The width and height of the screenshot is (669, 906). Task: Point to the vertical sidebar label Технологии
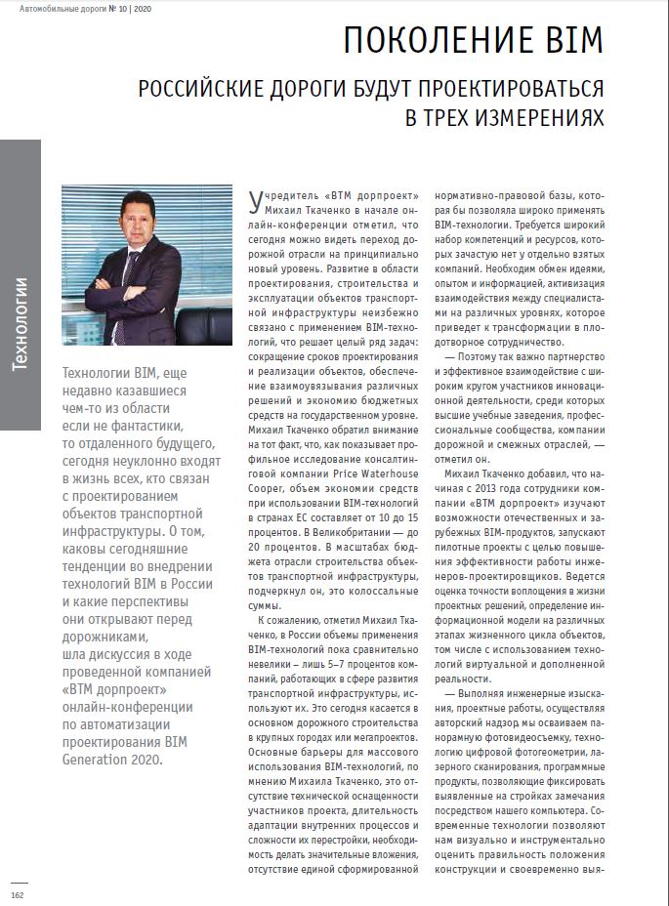(21, 323)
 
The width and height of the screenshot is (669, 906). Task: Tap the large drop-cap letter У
(255, 201)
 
